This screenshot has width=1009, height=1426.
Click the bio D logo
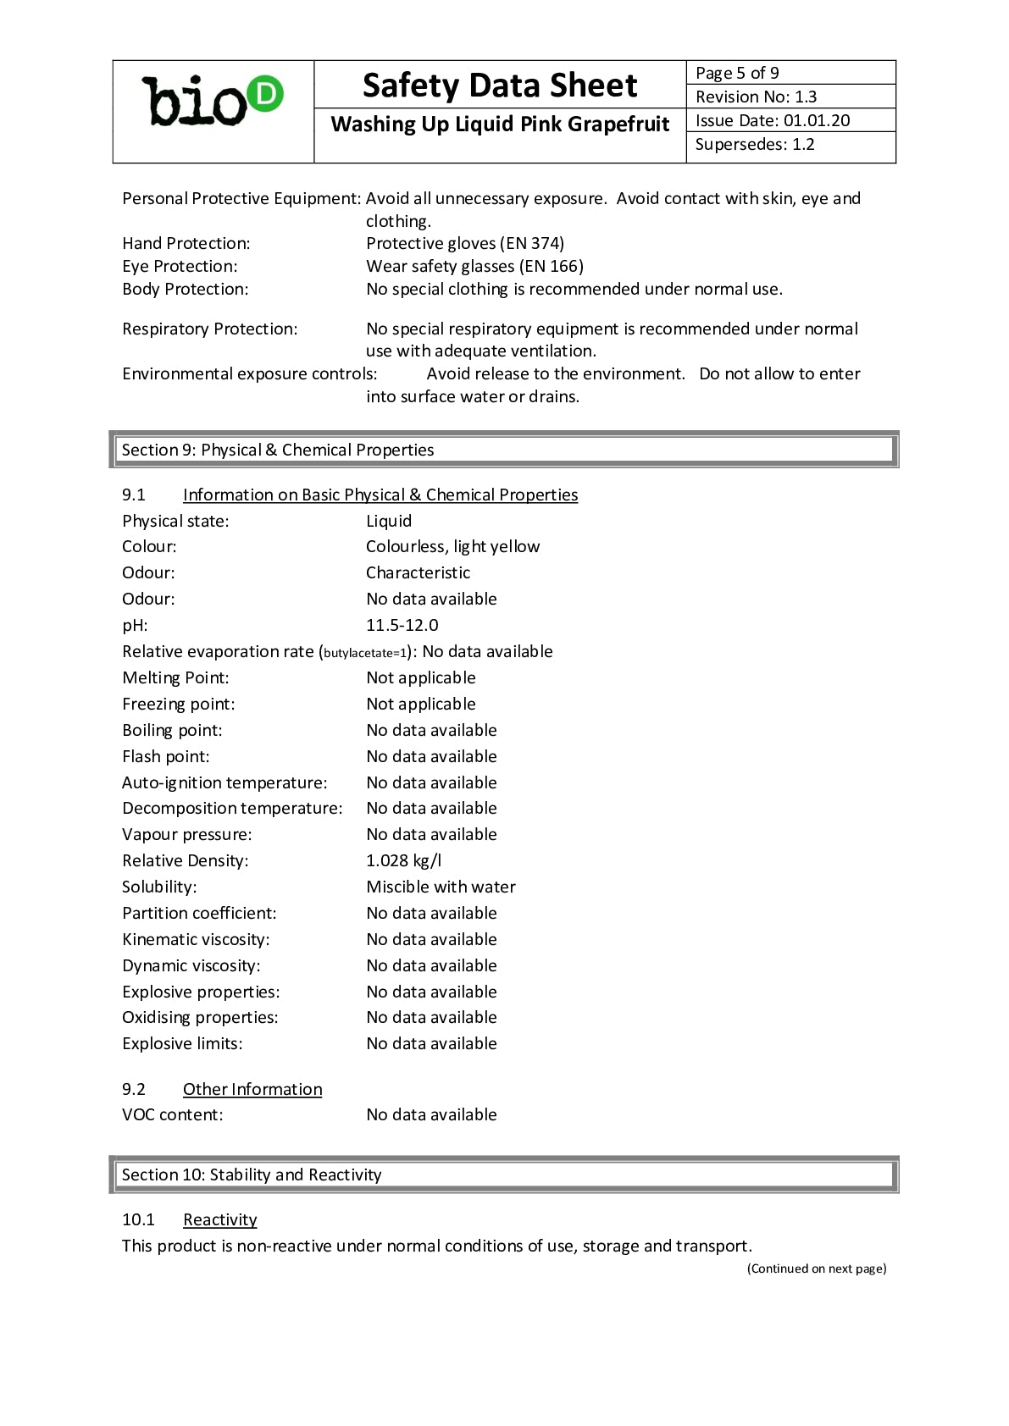[x=213, y=102]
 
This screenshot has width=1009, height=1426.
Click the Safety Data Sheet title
[x=499, y=86]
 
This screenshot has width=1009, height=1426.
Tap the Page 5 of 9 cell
[x=790, y=73]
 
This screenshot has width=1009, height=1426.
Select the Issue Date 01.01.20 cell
[x=790, y=120]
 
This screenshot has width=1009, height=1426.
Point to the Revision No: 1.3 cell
[x=790, y=97]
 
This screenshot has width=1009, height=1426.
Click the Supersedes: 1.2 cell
[x=790, y=144]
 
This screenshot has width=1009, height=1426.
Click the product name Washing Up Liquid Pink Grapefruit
[x=500, y=124]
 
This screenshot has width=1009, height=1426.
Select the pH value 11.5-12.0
[x=402, y=625]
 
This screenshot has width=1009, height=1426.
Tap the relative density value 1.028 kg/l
[x=404, y=860]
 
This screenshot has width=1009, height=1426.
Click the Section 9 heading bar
[x=503, y=450]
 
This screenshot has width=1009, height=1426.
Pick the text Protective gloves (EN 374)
[x=465, y=244]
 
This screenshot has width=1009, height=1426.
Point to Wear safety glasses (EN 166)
[x=474, y=267]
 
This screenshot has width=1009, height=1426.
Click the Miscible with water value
[x=441, y=887]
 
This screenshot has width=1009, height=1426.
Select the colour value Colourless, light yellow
[x=452, y=546]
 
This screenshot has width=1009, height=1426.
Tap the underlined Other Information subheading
[x=252, y=1089]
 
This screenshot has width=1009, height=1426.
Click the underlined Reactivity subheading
[x=219, y=1219]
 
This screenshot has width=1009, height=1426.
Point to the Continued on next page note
[x=817, y=1268]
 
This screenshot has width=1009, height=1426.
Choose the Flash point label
[x=166, y=756]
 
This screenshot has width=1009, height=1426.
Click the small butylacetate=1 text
[x=365, y=653]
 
